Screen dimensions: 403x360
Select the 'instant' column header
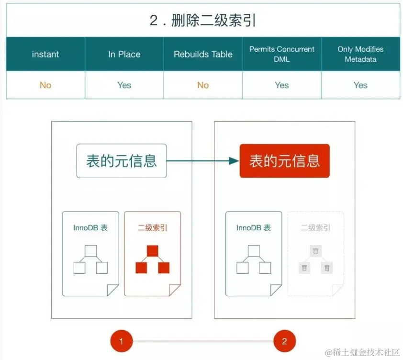[x=45, y=54]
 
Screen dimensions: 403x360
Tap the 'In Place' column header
[x=124, y=54]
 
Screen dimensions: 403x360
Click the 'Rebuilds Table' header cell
[x=203, y=54]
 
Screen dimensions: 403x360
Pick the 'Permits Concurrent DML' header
[x=282, y=54]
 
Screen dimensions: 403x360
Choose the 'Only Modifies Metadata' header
[x=360, y=54]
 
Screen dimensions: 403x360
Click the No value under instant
[x=45, y=85]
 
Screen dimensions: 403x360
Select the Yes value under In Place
[x=124, y=85]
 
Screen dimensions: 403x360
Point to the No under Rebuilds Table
[x=203, y=85]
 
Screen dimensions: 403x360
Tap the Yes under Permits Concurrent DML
[x=282, y=85]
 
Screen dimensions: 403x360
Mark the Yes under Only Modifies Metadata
[x=360, y=85]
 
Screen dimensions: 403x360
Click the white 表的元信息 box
[x=122, y=161]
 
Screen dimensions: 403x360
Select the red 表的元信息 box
[x=284, y=161]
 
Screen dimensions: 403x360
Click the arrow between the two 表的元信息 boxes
[x=203, y=161]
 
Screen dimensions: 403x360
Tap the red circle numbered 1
[x=122, y=341]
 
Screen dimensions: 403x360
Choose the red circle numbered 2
[x=285, y=341]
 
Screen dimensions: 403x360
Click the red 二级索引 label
[x=153, y=228]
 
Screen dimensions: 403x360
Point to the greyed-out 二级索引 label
[x=315, y=228]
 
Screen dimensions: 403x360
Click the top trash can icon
[x=315, y=251]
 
